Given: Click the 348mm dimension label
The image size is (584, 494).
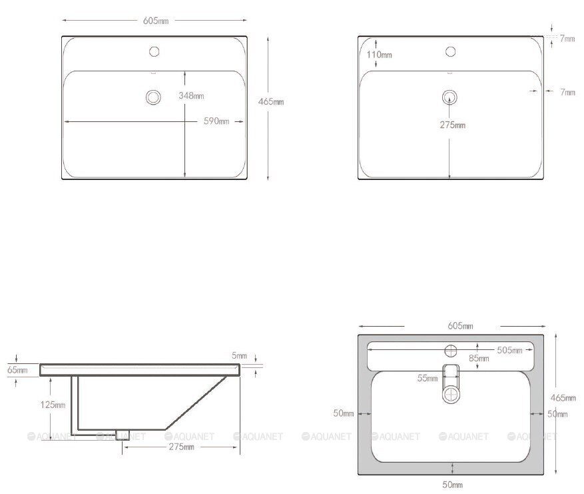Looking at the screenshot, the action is point(191,96).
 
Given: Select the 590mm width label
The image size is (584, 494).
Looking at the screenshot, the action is point(216,121).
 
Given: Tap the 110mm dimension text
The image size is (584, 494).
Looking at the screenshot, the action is point(379,55).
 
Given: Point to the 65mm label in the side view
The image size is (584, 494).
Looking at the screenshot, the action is point(17,370).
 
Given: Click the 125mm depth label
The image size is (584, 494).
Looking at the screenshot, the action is point(53,405).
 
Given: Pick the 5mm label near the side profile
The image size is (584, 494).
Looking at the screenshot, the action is point(239,356).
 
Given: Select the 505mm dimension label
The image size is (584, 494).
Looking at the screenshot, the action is point(509,351).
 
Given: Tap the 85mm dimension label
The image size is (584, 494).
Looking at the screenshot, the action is point(479,358).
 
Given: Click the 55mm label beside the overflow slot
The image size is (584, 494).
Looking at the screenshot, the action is point(428,379).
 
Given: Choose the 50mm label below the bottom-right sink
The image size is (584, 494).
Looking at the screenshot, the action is point(453,485).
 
